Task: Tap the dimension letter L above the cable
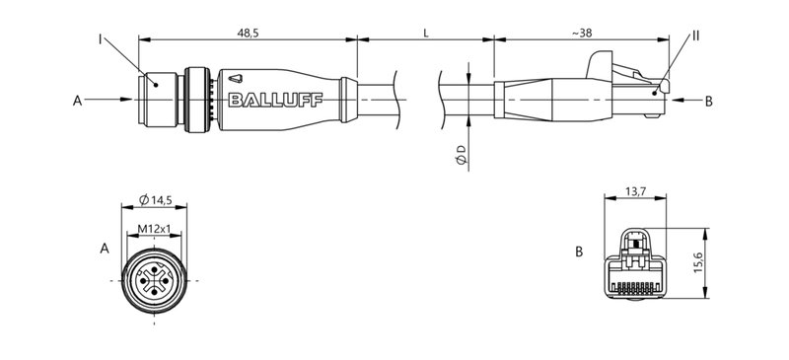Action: tap(425, 33)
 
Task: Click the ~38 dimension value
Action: tap(582, 33)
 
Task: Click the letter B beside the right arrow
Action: tap(708, 101)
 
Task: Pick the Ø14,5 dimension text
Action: tap(156, 200)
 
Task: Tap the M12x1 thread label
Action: tap(155, 229)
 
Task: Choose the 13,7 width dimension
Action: tap(634, 192)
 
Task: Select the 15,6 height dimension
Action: tap(697, 263)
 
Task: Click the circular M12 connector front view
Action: tap(155, 281)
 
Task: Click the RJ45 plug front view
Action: tap(634, 264)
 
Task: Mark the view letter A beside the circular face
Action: tap(105, 251)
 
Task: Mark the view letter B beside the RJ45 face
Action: tap(580, 252)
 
